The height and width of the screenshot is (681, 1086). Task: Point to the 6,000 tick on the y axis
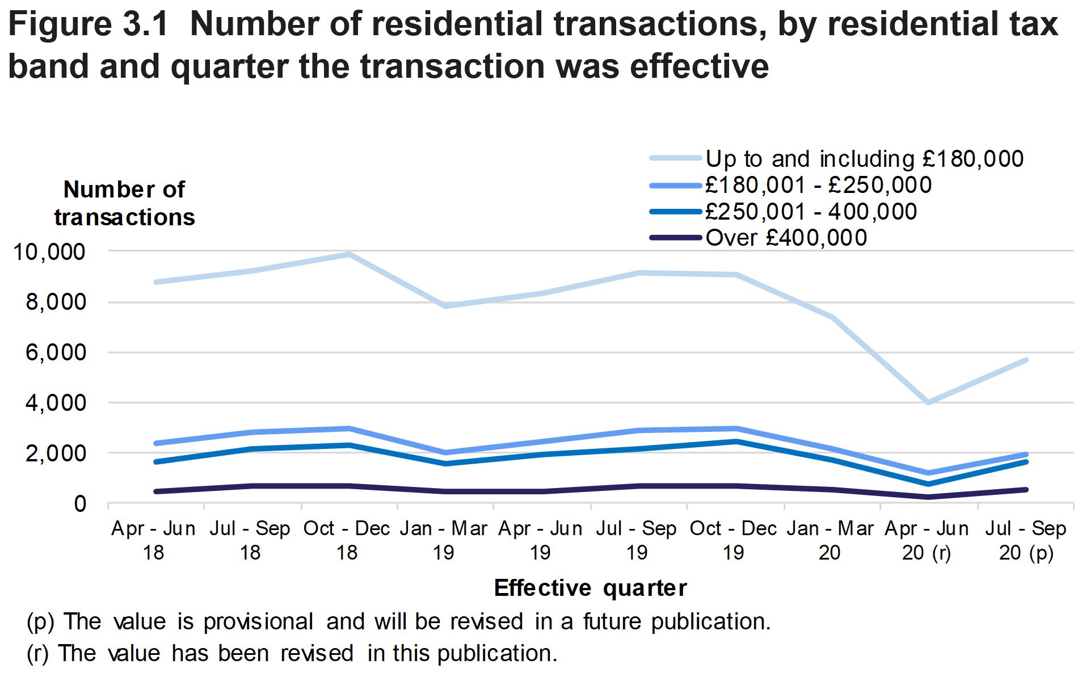tap(56, 353)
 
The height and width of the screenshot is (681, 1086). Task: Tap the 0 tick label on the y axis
tap(80, 504)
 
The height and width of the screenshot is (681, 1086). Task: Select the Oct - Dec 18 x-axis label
tap(347, 540)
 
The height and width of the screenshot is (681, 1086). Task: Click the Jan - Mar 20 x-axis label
tap(830, 540)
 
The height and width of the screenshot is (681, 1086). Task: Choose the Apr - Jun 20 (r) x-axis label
tap(926, 540)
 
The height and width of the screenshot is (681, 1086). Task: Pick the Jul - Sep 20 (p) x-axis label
tap(1026, 540)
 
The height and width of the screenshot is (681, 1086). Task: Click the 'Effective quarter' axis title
tap(590, 588)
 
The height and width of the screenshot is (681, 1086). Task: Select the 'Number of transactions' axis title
tap(124, 203)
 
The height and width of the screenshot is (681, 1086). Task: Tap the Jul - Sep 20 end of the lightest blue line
tap(1026, 360)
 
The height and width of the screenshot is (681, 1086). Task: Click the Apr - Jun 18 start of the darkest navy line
tap(156, 491)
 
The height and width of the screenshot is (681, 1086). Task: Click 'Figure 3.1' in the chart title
tap(88, 25)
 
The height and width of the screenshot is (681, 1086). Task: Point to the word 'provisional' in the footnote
tap(258, 622)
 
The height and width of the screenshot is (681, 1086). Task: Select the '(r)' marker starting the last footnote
tap(37, 654)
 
